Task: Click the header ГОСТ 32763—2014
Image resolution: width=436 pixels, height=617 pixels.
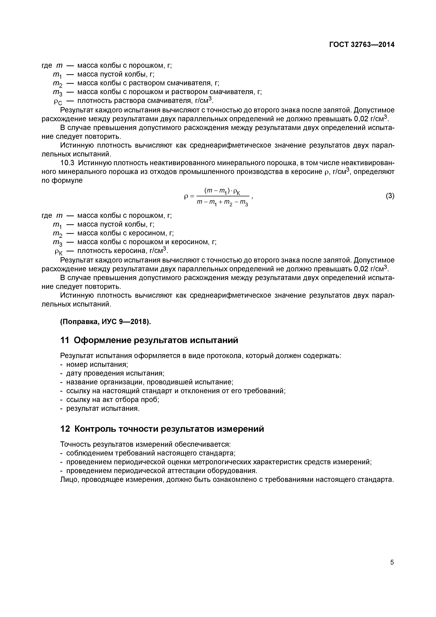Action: tap(362, 45)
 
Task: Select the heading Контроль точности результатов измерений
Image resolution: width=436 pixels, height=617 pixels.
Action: tap(169, 429)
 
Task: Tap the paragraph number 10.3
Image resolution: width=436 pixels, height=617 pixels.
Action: tap(68, 163)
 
